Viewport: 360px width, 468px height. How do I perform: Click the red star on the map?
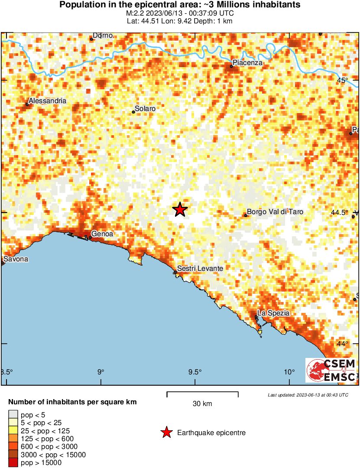coord(180,209)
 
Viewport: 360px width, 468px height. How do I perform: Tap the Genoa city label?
coord(102,234)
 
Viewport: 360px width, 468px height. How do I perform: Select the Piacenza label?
coord(248,63)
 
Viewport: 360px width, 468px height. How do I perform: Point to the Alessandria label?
coord(47,101)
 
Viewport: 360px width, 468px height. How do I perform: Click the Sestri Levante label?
coord(200,269)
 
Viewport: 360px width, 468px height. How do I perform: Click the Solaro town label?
coord(145,109)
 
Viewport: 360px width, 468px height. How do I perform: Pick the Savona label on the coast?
coord(16,259)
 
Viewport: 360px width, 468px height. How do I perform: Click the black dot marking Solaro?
coord(133,112)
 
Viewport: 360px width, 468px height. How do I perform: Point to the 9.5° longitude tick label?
coord(195,372)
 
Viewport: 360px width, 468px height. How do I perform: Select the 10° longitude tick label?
coord(289,372)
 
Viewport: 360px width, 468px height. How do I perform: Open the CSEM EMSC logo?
coord(331,370)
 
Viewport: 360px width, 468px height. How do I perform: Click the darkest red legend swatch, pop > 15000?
coord(13,463)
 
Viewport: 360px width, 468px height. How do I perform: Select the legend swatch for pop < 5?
coord(13,415)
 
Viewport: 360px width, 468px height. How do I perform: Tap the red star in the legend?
coord(166,432)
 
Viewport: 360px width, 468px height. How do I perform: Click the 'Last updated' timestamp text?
coord(308,395)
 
